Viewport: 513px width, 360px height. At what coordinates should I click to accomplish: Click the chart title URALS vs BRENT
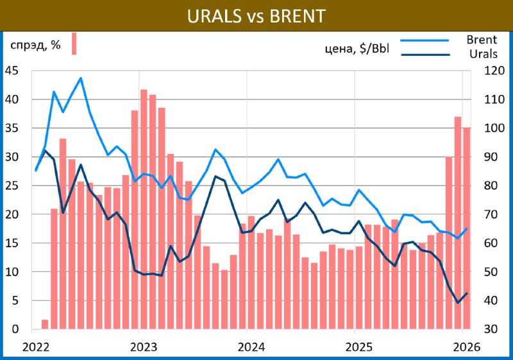coord(256,15)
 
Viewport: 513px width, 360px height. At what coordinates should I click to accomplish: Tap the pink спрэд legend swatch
coord(74,44)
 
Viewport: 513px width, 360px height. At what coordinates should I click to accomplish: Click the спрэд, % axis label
coord(35,45)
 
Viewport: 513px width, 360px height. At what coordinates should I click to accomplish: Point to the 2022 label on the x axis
coord(36,347)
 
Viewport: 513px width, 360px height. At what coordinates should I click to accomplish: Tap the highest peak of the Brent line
coord(81,78)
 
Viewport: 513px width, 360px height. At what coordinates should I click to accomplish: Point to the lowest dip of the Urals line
coord(458,302)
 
